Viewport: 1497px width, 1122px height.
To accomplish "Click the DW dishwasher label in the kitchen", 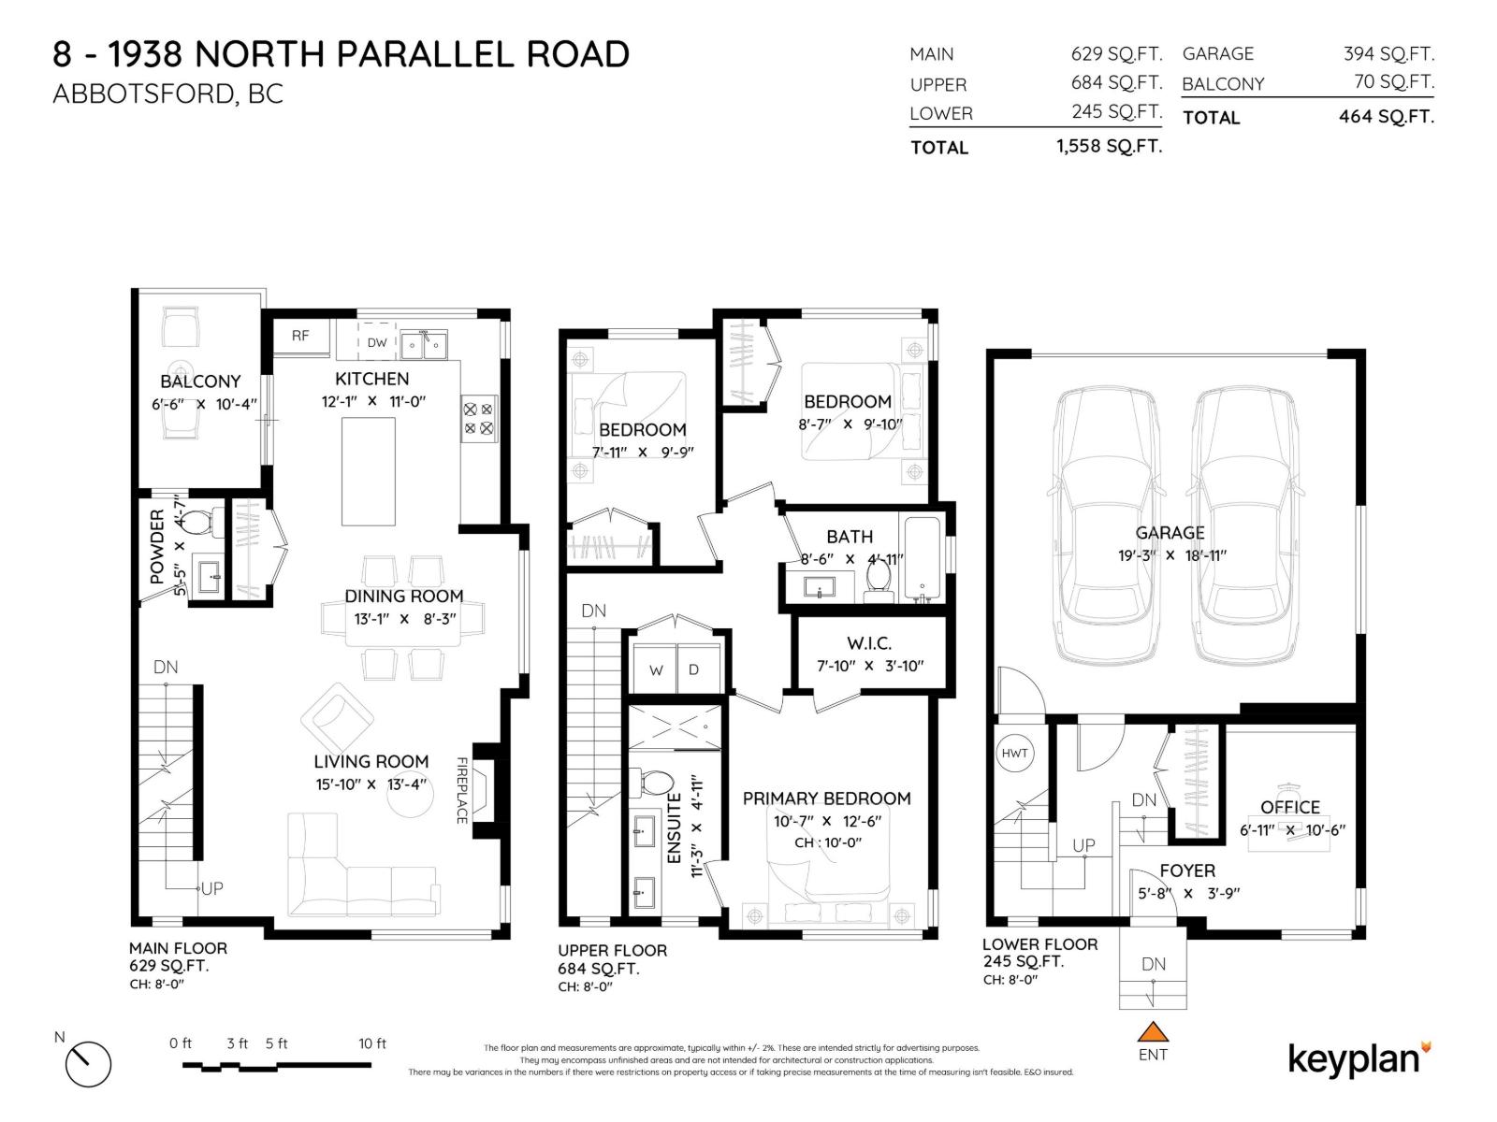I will [377, 343].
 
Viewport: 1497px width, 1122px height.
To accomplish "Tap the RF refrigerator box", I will [300, 336].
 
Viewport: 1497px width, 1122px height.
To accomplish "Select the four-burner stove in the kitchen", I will [479, 418].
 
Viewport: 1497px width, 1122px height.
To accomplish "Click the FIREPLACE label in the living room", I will [461, 790].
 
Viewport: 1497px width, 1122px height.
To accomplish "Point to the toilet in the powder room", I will [198, 522].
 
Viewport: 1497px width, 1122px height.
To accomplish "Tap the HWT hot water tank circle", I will [1014, 753].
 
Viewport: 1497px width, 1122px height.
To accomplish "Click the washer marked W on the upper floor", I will [656, 669].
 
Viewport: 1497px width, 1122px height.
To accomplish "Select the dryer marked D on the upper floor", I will [694, 669].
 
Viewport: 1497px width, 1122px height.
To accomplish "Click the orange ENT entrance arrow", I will [1153, 1031].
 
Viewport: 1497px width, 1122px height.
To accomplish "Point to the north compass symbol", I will [88, 1063].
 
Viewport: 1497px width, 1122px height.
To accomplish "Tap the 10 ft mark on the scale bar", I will [371, 1043].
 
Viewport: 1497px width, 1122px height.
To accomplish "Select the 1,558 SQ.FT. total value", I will [1109, 146].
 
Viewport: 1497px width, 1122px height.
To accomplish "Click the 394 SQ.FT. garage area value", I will [1388, 54].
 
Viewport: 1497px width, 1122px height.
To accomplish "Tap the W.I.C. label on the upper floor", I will [869, 643].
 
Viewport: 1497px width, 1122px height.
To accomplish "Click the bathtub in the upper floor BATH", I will [923, 557].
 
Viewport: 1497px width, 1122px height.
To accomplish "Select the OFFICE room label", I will [1290, 807].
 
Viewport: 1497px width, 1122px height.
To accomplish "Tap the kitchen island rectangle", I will [368, 471].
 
